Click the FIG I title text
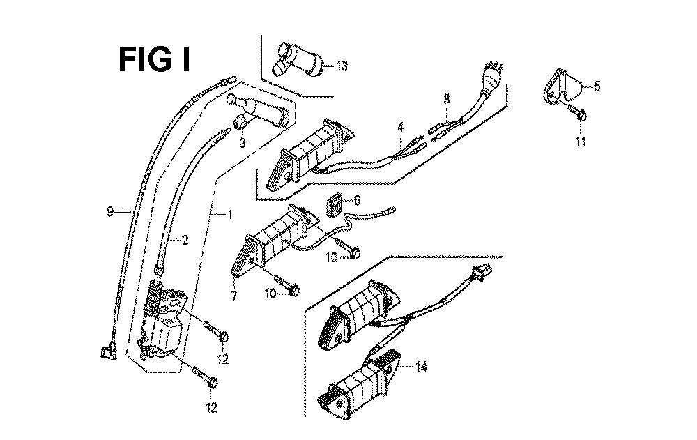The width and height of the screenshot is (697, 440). coord(153,60)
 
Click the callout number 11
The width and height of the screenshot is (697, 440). coord(581,142)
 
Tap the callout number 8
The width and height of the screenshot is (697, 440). coord(447,101)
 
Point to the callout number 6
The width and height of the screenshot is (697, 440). coord(358,200)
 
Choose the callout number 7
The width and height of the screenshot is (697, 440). coord(234,296)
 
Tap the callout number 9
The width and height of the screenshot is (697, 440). coord(110,212)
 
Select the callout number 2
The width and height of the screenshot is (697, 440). coord(185,241)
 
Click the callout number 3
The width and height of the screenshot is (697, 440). coord(243,143)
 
